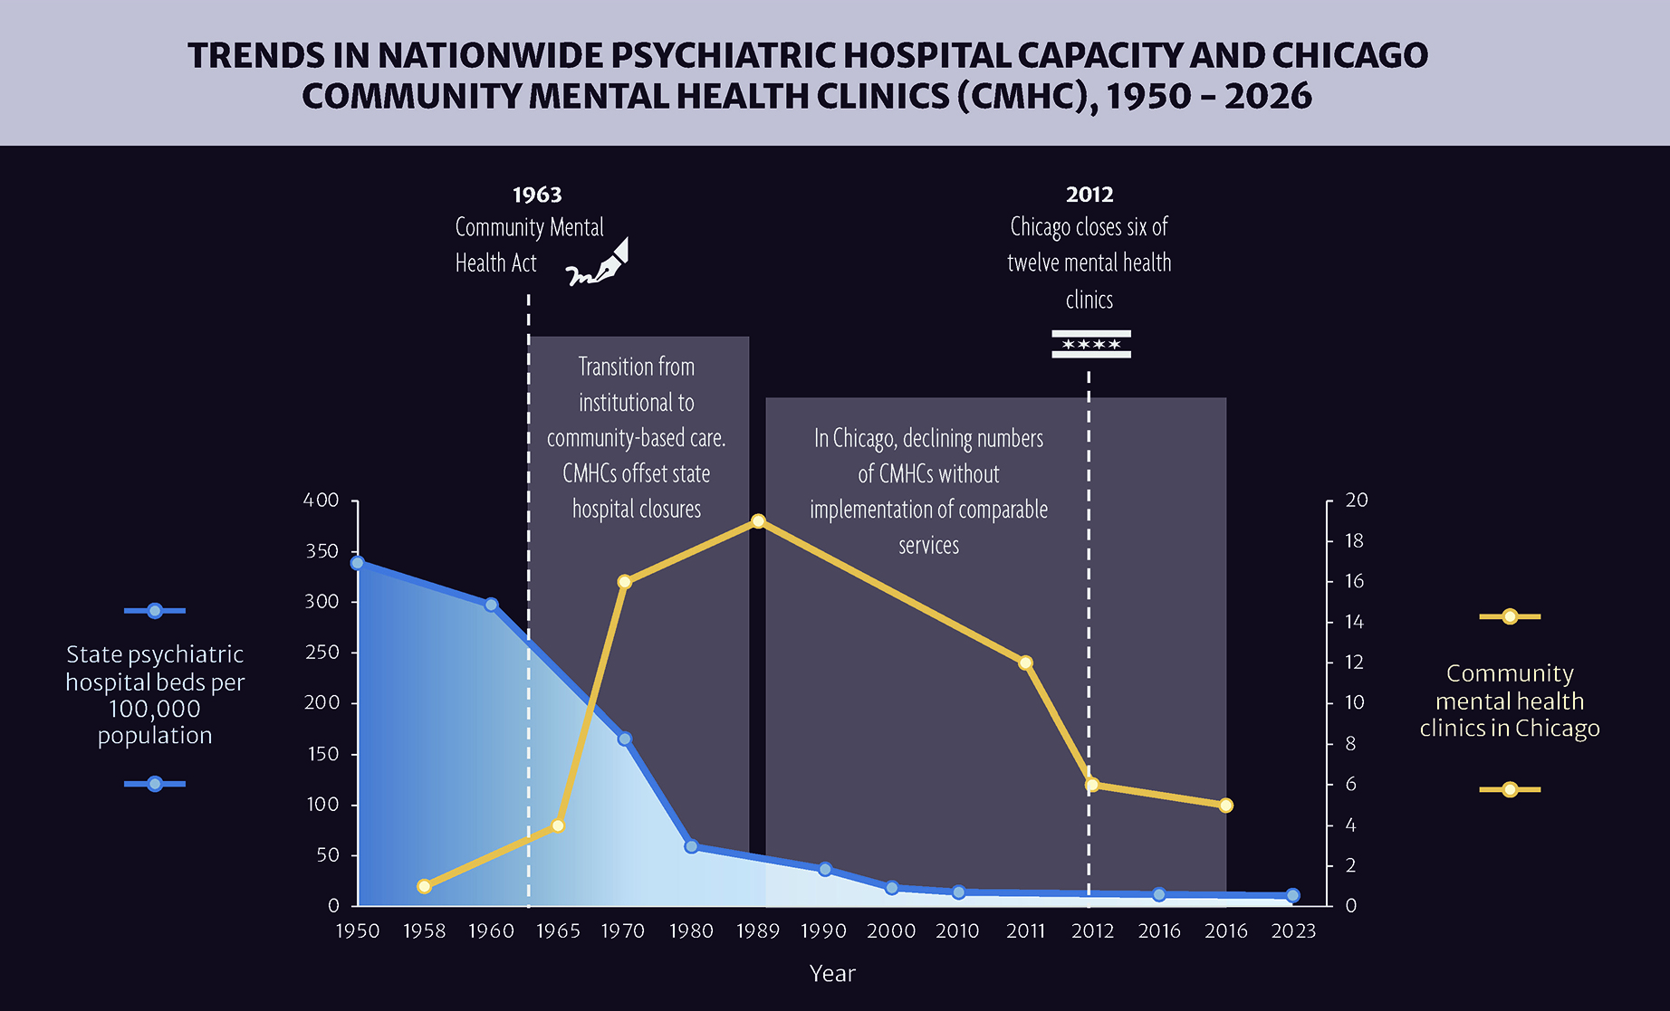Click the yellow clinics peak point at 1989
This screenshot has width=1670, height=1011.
(758, 521)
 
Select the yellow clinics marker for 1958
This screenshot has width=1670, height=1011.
(424, 887)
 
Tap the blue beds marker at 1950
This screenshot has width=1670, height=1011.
(358, 563)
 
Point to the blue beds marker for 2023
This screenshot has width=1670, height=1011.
(1292, 895)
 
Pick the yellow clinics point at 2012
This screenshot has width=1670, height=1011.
(1092, 785)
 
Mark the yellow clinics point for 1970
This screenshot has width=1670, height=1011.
(624, 582)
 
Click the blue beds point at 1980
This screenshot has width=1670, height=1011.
(691, 846)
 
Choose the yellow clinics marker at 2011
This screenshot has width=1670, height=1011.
(1025, 663)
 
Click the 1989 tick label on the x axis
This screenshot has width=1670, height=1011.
(758, 931)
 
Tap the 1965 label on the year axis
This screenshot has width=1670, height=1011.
(558, 931)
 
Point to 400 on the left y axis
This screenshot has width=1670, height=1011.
(322, 501)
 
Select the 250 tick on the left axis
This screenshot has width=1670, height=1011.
(322, 653)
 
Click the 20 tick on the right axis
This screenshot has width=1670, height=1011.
(1356, 501)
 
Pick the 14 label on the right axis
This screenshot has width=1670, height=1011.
(1354, 622)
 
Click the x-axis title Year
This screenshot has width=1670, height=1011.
(832, 974)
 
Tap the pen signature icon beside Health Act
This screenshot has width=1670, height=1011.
(598, 262)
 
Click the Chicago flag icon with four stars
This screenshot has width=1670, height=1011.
(1090, 344)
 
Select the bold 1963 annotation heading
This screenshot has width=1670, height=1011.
(537, 195)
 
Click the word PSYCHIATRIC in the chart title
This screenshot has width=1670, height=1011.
(724, 56)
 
